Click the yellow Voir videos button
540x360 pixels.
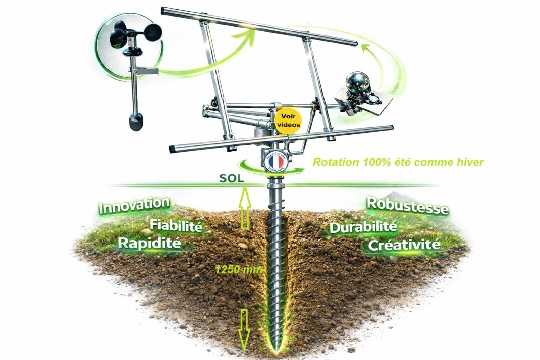click(288, 121)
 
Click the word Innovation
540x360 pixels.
click(134, 205)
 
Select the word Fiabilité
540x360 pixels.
click(176, 226)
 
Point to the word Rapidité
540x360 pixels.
click(149, 244)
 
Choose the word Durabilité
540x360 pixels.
click(363, 227)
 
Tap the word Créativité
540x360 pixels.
click(404, 245)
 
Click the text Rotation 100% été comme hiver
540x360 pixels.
click(398, 162)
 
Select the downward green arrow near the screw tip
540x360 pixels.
click(245, 329)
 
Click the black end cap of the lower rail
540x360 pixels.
click(173, 149)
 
